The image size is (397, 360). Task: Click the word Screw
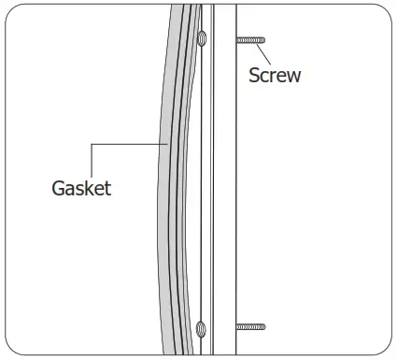pyautogui.click(x=275, y=75)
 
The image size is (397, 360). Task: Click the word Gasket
pyautogui.click(x=81, y=188)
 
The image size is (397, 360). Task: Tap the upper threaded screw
pyautogui.click(x=251, y=39)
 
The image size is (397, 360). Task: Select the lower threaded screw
pyautogui.click(x=251, y=327)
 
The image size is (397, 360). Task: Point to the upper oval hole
pyautogui.click(x=201, y=39)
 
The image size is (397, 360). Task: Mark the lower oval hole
pyautogui.click(x=201, y=328)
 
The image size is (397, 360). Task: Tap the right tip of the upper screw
pyautogui.click(x=265, y=39)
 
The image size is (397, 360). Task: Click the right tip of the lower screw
pyautogui.click(x=265, y=327)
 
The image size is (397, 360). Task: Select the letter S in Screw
pyautogui.click(x=254, y=75)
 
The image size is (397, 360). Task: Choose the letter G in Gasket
pyautogui.click(x=58, y=188)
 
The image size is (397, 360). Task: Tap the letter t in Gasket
pyautogui.click(x=107, y=188)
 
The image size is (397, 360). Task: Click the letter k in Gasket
pyautogui.click(x=90, y=188)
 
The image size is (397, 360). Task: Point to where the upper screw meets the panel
pyautogui.click(x=237, y=39)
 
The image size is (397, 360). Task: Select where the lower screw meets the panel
pyautogui.click(x=237, y=327)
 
